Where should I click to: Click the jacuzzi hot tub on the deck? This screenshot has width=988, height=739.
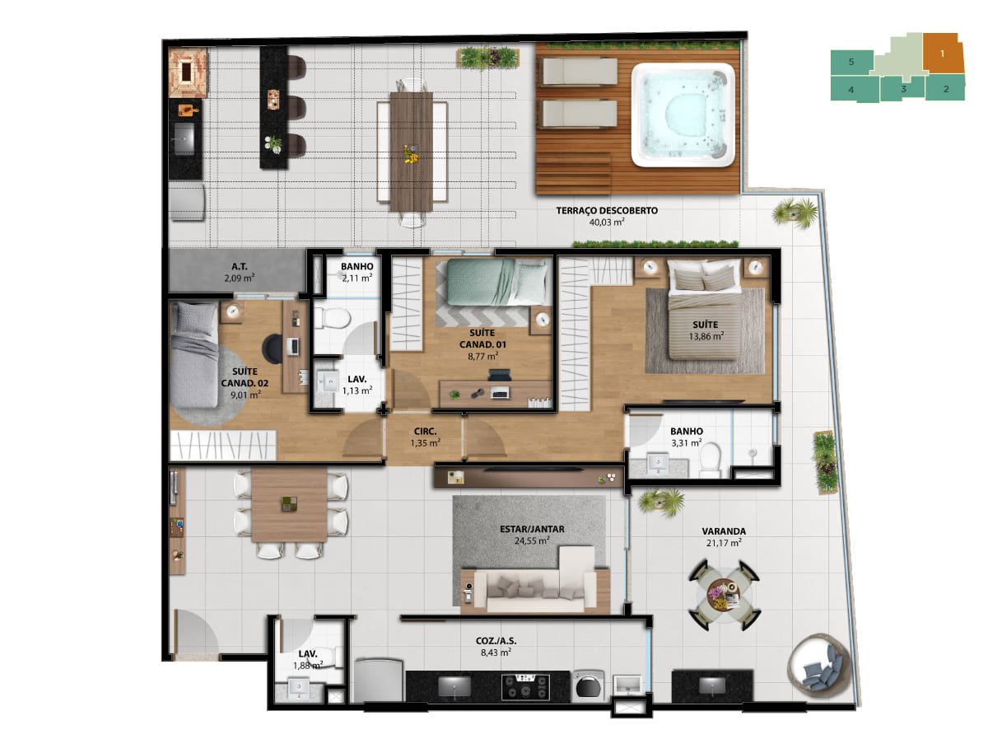click(x=682, y=115)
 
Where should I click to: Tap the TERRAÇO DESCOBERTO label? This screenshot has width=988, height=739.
click(x=606, y=210)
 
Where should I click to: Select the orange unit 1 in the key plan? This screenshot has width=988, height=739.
click(x=943, y=54)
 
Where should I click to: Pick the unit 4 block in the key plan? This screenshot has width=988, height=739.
click(x=854, y=89)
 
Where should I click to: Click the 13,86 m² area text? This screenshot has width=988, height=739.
click(x=706, y=336)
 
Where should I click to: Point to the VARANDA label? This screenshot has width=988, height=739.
click(x=724, y=531)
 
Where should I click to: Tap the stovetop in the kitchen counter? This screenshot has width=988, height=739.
click(x=524, y=687)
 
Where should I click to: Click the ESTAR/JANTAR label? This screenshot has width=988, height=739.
click(x=532, y=529)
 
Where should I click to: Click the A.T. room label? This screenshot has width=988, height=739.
click(x=240, y=267)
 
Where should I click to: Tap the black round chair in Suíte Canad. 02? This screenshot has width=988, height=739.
click(x=273, y=348)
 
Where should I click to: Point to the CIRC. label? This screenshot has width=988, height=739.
click(x=425, y=432)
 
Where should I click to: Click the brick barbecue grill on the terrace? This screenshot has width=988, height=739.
click(x=188, y=72)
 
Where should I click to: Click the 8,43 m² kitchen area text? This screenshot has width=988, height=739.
click(x=495, y=652)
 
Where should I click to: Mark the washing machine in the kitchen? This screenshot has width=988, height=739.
click(x=588, y=685)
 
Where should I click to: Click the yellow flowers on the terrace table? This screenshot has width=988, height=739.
click(x=410, y=153)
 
